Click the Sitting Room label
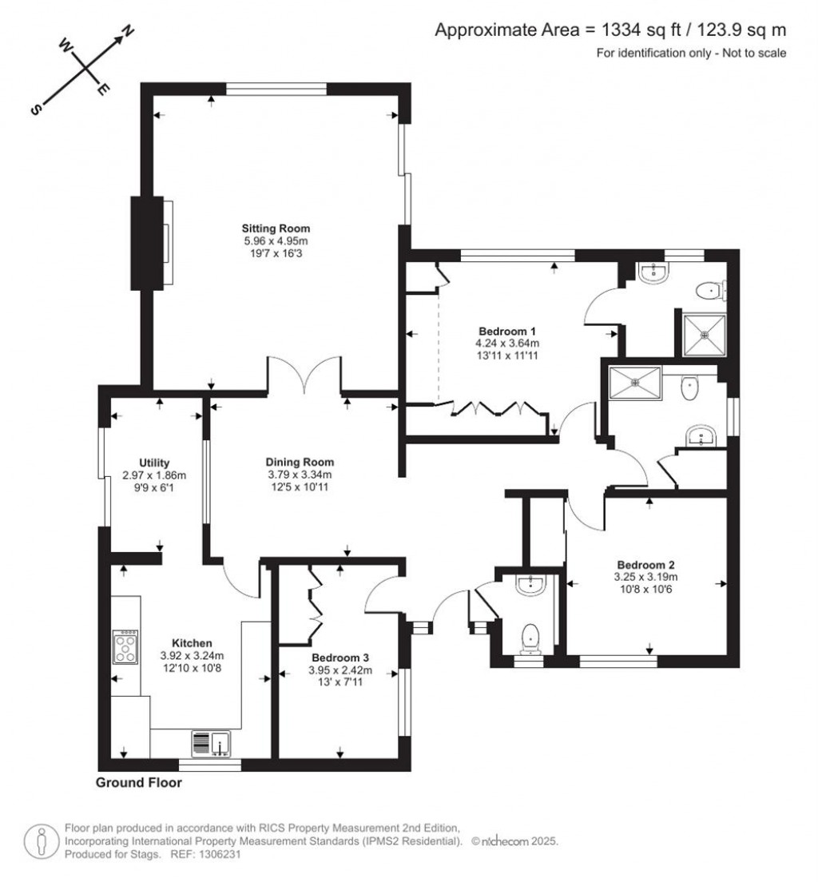point(276,228)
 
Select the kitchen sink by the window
point(211,744)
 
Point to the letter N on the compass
point(127,34)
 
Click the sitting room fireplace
point(150,243)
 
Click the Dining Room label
point(300,462)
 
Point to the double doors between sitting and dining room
point(305,375)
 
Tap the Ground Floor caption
point(138,783)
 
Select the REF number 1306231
point(218,854)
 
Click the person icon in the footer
point(40,840)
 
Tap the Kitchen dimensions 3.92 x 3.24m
point(192,657)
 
